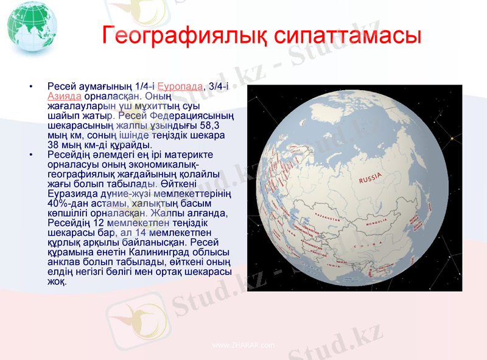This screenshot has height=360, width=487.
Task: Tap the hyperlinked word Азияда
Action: tap(64, 96)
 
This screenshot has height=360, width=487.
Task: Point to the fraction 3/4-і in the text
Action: tap(219, 86)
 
